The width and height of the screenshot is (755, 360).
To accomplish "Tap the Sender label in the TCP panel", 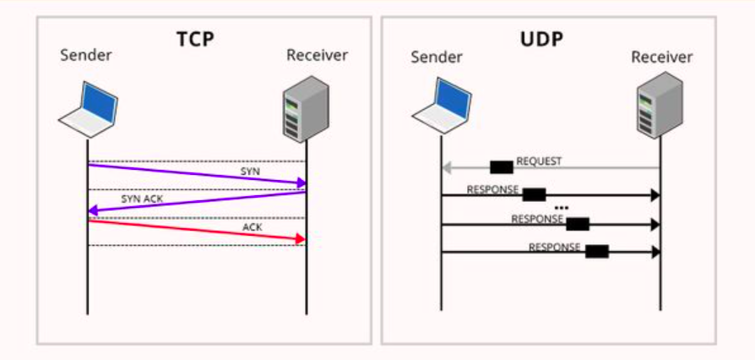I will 86,56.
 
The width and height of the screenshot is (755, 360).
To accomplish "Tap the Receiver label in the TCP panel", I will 318,56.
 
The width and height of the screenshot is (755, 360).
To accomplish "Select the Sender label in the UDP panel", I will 437,57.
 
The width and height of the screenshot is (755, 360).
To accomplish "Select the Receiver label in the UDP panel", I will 662,57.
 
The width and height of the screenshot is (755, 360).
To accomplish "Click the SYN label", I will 251,171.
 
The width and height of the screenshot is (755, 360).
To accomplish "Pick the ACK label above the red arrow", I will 253,227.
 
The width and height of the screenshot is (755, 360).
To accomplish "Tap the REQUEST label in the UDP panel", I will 539,161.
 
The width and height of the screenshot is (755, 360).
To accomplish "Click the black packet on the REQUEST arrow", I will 502,167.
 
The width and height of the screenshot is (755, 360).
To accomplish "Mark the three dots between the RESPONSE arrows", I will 562,208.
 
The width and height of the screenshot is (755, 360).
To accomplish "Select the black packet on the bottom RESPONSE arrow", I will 597,251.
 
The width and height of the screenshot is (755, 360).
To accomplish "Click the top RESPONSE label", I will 492,189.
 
